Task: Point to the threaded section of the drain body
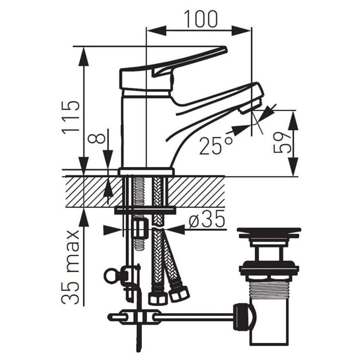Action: pos(269,286)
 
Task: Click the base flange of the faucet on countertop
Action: pos(146,171)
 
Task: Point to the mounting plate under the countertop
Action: pos(145,210)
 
